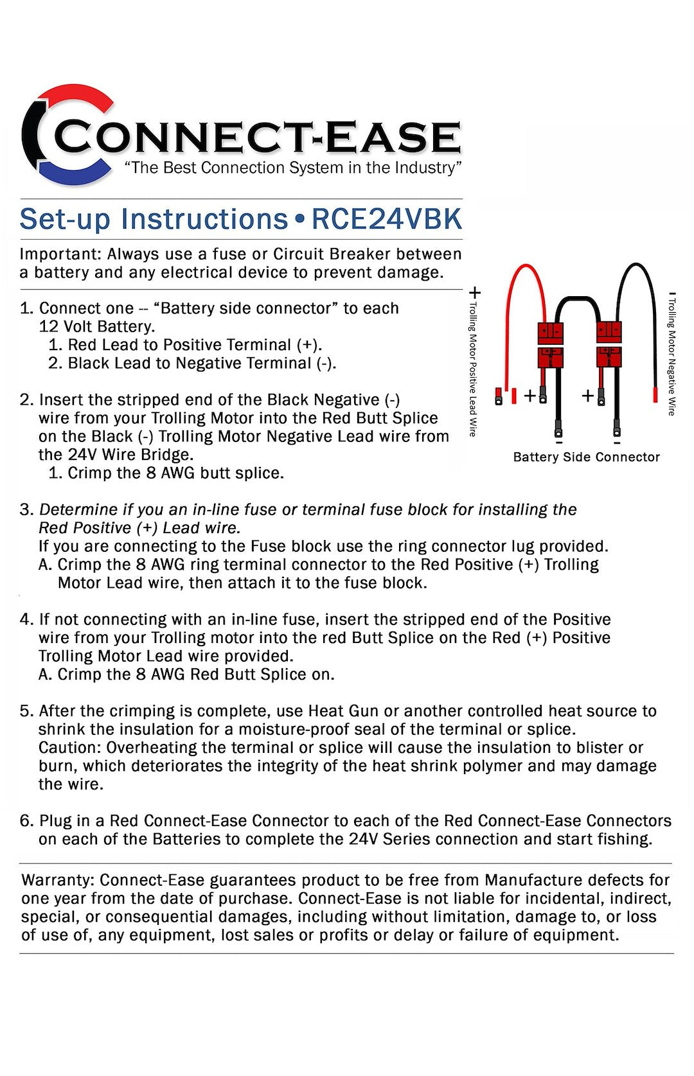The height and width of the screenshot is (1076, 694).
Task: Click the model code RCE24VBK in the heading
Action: (x=386, y=219)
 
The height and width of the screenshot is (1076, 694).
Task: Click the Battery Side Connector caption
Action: (x=586, y=457)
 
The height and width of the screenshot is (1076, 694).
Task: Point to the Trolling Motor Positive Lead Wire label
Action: (x=473, y=369)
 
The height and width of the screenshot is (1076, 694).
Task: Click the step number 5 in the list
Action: (x=25, y=711)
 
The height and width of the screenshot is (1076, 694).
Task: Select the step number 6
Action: (x=25, y=821)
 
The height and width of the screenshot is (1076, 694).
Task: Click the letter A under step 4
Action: (x=44, y=675)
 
